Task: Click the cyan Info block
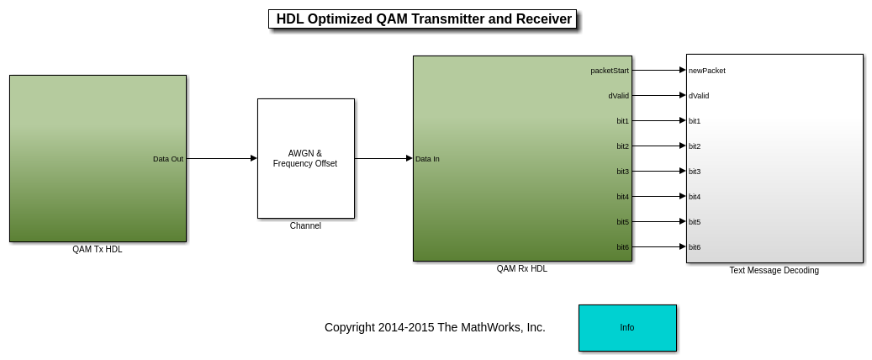pyautogui.click(x=627, y=328)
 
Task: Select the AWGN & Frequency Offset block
pyautogui.click(x=306, y=159)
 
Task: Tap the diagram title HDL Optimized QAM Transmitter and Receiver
pyautogui.click(x=424, y=19)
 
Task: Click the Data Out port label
pyautogui.click(x=168, y=159)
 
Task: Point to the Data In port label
pyautogui.click(x=427, y=159)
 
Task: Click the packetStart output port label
pyautogui.click(x=610, y=71)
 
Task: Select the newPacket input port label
pyautogui.click(x=707, y=71)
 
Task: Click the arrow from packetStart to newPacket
pyautogui.click(x=659, y=70)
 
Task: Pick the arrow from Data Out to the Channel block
pyautogui.click(x=222, y=159)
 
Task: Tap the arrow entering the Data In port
pyautogui.click(x=383, y=159)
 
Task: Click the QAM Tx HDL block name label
pyautogui.click(x=98, y=250)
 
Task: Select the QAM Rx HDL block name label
pyautogui.click(x=521, y=269)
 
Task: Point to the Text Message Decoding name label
pyautogui.click(x=774, y=270)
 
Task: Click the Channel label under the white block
pyautogui.click(x=305, y=226)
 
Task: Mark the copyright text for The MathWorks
pyautogui.click(x=435, y=328)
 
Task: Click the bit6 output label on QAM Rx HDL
pyautogui.click(x=623, y=247)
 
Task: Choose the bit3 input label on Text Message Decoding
pyautogui.click(x=695, y=172)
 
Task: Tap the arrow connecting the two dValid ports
pyautogui.click(x=659, y=96)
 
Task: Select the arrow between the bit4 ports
pyautogui.click(x=659, y=197)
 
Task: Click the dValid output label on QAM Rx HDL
pyautogui.click(x=618, y=96)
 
